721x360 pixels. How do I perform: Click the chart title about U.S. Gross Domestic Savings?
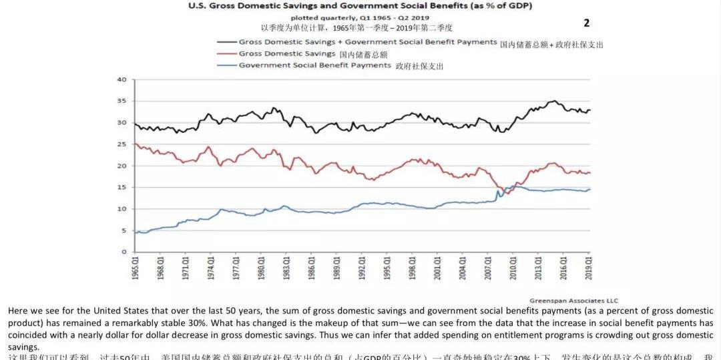tap(360, 6)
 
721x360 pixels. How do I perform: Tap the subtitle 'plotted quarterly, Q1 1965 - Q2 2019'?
tap(360, 18)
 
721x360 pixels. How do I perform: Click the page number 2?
tap(586, 23)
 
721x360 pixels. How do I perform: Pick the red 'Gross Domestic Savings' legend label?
tap(287, 53)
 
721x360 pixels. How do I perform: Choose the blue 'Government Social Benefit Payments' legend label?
tap(314, 65)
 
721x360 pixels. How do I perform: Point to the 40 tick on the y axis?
tap(122, 79)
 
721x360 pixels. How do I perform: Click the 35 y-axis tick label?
tap(122, 101)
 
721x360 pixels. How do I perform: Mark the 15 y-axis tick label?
tap(122, 187)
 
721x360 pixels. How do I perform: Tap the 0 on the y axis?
tap(124, 252)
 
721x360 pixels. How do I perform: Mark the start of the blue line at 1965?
tap(136, 232)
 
